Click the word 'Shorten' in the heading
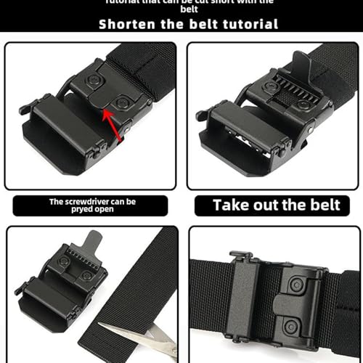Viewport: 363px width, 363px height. click(127, 24)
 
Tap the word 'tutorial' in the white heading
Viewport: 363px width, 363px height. click(247, 24)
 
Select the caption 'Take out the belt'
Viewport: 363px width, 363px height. click(276, 205)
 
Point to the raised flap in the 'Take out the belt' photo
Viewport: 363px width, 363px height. click(303, 69)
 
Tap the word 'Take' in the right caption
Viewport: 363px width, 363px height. click(232, 205)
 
